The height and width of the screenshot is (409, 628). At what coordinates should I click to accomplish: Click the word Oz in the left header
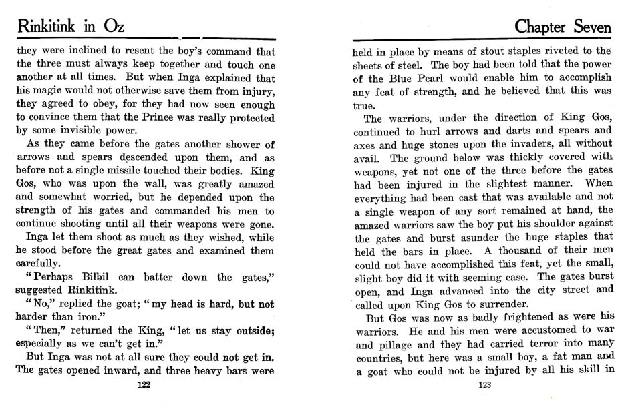point(109,27)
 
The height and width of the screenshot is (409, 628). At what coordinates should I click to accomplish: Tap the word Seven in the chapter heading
point(586,27)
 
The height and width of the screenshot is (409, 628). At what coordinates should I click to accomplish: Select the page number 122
point(143,384)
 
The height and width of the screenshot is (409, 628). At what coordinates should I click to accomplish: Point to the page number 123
point(486,384)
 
